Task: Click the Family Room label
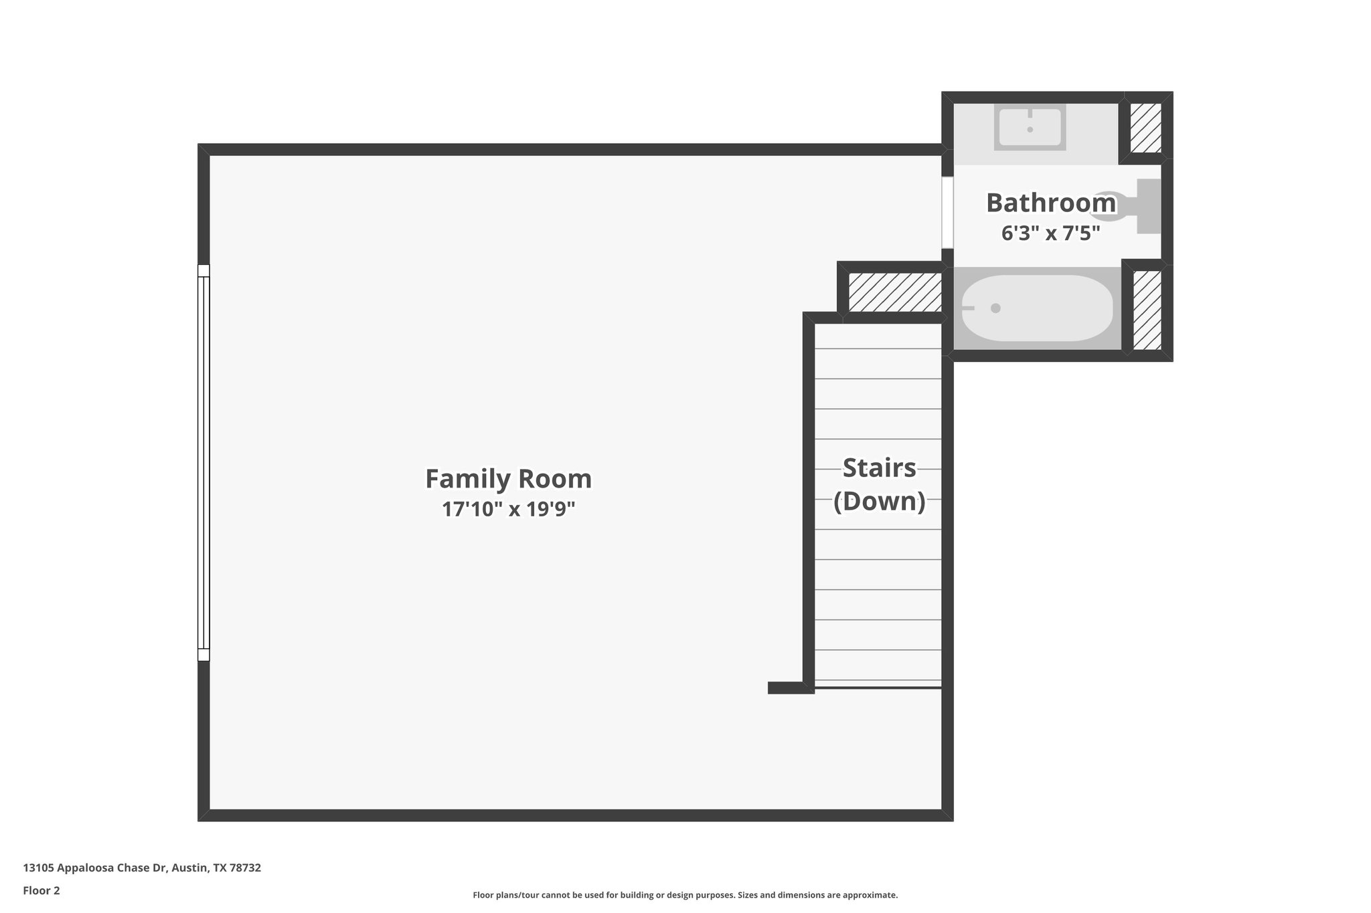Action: pos(508,479)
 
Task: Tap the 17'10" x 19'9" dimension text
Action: pos(508,510)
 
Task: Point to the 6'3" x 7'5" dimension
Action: pos(1050,233)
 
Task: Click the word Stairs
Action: pos(879,468)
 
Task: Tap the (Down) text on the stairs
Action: pos(879,501)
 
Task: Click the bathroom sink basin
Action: pos(1030,127)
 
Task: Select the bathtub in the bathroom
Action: pos(1037,308)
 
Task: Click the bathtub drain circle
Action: pos(995,308)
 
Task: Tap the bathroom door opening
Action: pos(947,212)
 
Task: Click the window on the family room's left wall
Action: pos(204,463)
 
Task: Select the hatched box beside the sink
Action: pos(1145,127)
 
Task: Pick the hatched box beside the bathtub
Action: pos(1147,310)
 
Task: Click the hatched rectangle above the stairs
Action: pos(895,292)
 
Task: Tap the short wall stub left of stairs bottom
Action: pos(789,688)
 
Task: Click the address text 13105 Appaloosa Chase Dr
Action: pos(142,868)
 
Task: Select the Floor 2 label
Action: pos(42,890)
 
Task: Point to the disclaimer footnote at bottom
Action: pos(685,895)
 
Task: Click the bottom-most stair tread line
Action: pos(878,686)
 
